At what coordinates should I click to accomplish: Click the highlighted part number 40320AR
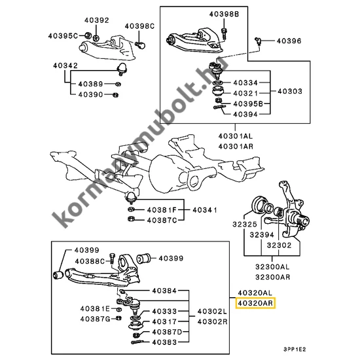(255, 303)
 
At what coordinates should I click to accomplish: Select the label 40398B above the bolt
(224, 14)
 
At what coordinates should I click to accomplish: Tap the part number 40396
(289, 41)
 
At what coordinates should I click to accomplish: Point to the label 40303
(290, 92)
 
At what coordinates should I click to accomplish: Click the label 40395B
(248, 104)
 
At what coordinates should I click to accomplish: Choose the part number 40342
(65, 65)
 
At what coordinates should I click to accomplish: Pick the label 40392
(97, 20)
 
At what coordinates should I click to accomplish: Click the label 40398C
(140, 26)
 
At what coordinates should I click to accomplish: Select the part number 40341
(205, 210)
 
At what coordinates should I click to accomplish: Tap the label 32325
(245, 224)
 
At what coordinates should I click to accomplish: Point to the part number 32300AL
(272, 267)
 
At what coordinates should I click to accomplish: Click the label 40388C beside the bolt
(90, 261)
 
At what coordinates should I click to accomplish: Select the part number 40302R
(212, 321)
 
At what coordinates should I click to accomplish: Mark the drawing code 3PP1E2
(295, 350)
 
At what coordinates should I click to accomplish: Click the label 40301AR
(236, 146)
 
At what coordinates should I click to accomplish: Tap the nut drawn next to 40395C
(87, 35)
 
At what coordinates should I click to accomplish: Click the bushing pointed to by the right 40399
(143, 259)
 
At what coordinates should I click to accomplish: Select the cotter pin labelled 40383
(137, 342)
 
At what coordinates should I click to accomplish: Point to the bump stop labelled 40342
(122, 68)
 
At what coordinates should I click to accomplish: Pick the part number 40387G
(96, 319)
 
